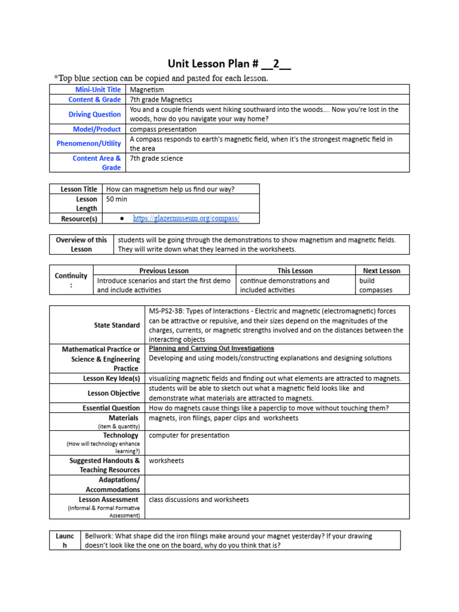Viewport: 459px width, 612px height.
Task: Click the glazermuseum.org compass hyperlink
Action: (186, 219)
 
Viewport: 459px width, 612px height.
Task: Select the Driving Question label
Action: (94, 114)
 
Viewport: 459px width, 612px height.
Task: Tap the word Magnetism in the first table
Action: (147, 90)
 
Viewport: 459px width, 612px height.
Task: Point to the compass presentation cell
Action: (163, 129)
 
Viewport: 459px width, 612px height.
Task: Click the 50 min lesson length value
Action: (117, 199)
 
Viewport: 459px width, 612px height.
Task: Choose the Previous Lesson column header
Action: (164, 271)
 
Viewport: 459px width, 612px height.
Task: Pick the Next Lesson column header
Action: (381, 271)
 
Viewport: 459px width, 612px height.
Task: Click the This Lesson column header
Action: (295, 271)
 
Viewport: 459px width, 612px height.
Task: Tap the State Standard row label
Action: (117, 325)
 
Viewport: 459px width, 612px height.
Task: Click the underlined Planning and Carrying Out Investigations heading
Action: (212, 348)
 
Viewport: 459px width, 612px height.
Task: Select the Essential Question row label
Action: (111, 408)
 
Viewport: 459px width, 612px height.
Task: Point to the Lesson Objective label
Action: (114, 393)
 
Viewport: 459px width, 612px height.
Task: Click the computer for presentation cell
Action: (189, 436)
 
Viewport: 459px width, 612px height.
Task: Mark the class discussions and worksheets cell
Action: (199, 500)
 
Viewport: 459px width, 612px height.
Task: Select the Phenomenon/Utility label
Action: (88, 143)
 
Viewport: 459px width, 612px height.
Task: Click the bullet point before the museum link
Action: (122, 219)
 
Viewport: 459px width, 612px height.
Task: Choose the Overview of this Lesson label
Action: (81, 244)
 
